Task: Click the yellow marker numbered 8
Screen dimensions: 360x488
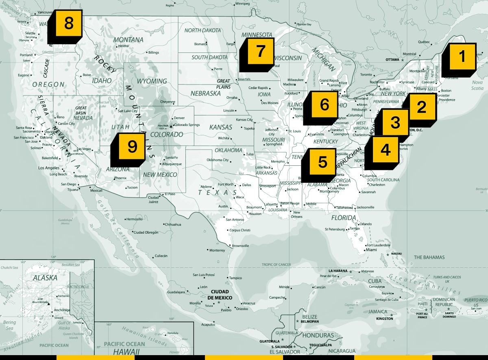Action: coord(68,24)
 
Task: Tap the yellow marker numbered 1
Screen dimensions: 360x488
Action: coord(462,56)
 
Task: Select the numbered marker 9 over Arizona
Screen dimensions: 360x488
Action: coord(132,146)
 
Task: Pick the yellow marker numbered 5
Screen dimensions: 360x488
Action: coord(322,162)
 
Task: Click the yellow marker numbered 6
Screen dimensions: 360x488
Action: coord(324,105)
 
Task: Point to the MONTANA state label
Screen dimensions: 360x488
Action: coord(128,40)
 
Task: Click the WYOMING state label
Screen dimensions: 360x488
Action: coord(151,81)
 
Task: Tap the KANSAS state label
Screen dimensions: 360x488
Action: coord(220,127)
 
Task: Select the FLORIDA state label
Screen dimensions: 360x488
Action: coord(343,218)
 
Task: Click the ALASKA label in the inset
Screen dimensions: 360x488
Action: coord(45,278)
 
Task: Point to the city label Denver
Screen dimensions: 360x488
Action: coord(179,118)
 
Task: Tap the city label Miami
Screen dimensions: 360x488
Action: coord(371,250)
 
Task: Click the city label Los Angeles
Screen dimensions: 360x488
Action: coord(49,168)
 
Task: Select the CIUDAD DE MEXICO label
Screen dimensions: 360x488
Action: coord(220,295)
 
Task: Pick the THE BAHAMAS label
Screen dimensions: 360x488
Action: coord(429,257)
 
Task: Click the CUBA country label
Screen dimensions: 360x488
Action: coord(375,281)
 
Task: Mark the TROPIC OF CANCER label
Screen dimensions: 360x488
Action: coord(276,265)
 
